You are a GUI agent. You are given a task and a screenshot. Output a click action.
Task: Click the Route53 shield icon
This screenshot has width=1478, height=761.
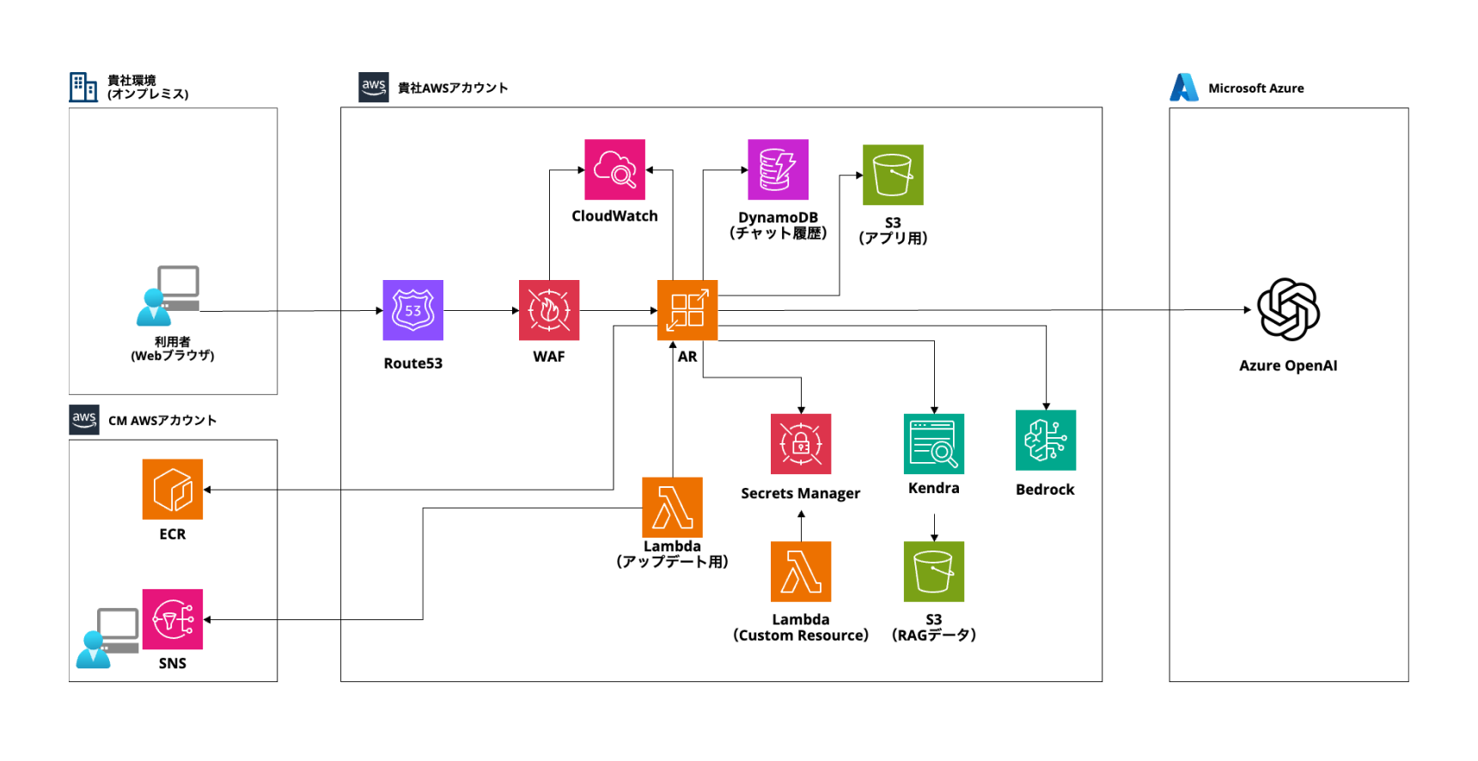point(412,310)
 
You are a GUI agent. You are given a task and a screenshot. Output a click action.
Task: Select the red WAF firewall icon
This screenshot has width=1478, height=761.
point(549,310)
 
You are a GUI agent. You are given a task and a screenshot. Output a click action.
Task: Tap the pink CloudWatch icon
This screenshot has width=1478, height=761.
point(614,169)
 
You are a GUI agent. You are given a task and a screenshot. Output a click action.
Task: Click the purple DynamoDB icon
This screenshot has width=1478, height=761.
point(778,169)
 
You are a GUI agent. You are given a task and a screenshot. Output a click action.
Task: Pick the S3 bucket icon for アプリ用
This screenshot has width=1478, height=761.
point(893,175)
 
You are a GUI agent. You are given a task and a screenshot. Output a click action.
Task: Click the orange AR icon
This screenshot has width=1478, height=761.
point(687,310)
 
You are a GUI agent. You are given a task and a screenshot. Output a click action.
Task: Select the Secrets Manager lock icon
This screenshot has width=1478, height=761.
point(801,444)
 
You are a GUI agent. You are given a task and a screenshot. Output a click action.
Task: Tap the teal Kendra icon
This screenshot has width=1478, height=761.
point(934,444)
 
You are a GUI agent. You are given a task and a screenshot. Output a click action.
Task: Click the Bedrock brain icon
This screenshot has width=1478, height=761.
point(1046,440)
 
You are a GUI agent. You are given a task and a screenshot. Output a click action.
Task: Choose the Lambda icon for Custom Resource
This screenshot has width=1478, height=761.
point(801,571)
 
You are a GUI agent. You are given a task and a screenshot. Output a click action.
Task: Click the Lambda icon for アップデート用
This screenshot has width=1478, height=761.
point(672,507)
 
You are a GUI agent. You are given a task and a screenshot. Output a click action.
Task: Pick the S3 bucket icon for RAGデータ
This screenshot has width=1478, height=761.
point(934,571)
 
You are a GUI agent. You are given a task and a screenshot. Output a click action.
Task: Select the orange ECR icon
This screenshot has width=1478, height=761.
point(173,490)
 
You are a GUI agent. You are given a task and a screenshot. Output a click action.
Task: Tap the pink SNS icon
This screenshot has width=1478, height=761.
point(173,619)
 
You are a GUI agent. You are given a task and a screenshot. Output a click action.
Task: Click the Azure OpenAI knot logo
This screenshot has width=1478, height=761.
point(1288,309)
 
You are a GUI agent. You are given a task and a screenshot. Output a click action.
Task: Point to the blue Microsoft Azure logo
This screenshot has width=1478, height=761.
point(1184,88)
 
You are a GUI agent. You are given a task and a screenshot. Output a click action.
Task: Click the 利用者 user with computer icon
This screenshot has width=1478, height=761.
point(169,296)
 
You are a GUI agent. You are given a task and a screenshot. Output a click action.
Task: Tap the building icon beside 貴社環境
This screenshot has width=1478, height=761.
point(83,87)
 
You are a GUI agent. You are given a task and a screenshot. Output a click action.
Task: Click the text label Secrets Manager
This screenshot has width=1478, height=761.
point(800,494)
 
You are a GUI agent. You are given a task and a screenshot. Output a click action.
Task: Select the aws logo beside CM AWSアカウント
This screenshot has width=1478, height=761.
point(84,420)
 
